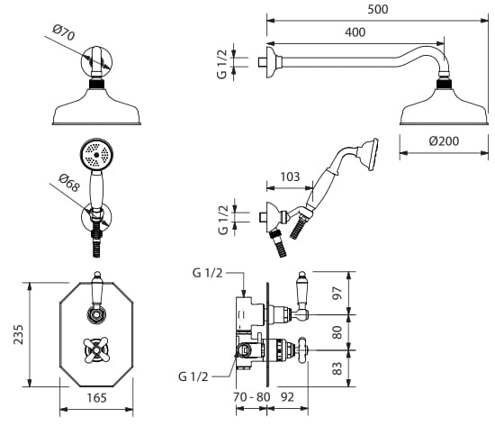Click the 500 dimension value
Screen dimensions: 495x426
(x=378, y=10)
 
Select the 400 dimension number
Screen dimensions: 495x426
(x=355, y=32)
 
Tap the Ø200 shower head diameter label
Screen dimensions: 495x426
(x=444, y=140)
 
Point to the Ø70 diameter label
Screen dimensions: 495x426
(x=64, y=32)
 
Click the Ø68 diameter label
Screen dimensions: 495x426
(x=68, y=184)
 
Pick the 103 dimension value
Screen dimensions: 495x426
(x=290, y=177)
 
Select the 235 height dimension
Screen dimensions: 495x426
(x=19, y=334)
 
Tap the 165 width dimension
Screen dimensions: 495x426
(x=96, y=397)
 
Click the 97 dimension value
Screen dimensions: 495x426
(x=337, y=293)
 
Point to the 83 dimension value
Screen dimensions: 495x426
(x=337, y=368)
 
